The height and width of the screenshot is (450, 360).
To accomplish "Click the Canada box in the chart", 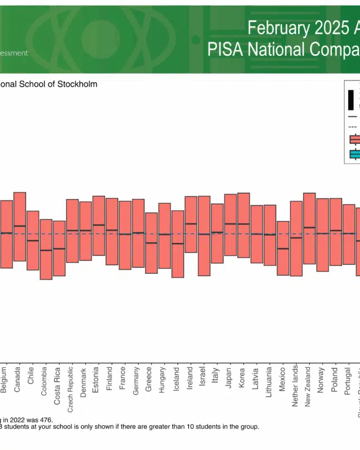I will (x=20, y=227).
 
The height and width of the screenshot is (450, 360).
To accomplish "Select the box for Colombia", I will (x=46, y=249).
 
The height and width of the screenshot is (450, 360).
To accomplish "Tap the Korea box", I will (x=244, y=225).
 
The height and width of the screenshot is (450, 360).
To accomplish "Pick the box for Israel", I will (x=204, y=236).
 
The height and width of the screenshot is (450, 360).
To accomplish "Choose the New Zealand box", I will (x=309, y=228).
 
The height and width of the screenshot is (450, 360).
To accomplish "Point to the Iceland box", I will (x=178, y=244).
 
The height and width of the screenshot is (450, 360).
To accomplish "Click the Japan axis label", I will (x=228, y=377).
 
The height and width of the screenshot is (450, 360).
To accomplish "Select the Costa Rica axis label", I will (x=57, y=382).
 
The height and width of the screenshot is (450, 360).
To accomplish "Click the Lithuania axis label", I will (x=268, y=383).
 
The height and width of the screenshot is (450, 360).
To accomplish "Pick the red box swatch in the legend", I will (x=355, y=139).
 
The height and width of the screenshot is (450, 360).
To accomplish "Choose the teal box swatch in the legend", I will (x=355, y=154).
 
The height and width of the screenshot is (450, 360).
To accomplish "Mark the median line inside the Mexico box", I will (x=283, y=248).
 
